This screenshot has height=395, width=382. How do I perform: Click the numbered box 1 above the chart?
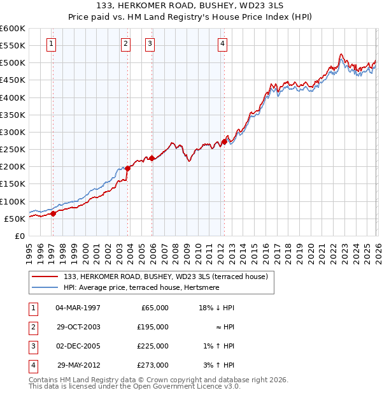click(51, 44)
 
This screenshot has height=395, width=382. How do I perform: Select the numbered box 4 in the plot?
click(222, 44)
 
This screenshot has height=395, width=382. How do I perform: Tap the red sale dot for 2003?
click(128, 168)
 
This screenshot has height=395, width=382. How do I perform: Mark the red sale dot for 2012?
click(224, 141)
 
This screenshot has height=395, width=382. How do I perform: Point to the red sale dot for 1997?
click(53, 213)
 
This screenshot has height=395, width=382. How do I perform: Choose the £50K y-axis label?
click(15, 219)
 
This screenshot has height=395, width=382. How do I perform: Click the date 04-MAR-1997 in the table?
click(78, 308)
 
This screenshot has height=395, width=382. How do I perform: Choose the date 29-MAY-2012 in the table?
click(78, 365)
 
